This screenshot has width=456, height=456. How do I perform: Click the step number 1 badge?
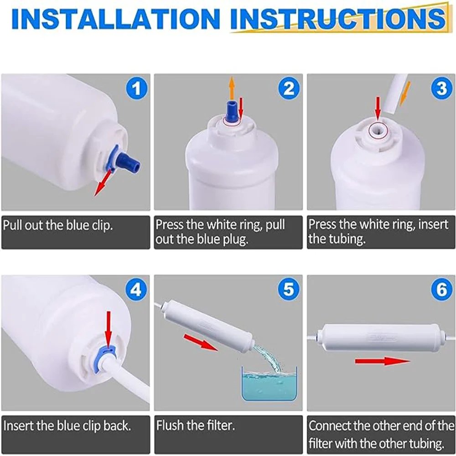point(135,88)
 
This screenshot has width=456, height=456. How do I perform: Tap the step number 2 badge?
point(289,88)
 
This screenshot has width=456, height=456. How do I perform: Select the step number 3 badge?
point(441,88)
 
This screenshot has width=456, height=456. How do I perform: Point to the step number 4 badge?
point(135,289)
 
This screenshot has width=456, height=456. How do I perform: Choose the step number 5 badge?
point(289,289)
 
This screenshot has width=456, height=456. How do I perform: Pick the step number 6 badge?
point(441,289)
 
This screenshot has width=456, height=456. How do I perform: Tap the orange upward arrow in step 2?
point(232,85)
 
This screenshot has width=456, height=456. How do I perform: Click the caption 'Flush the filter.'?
point(196,426)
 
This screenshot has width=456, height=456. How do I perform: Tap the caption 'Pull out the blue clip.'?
point(58,225)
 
